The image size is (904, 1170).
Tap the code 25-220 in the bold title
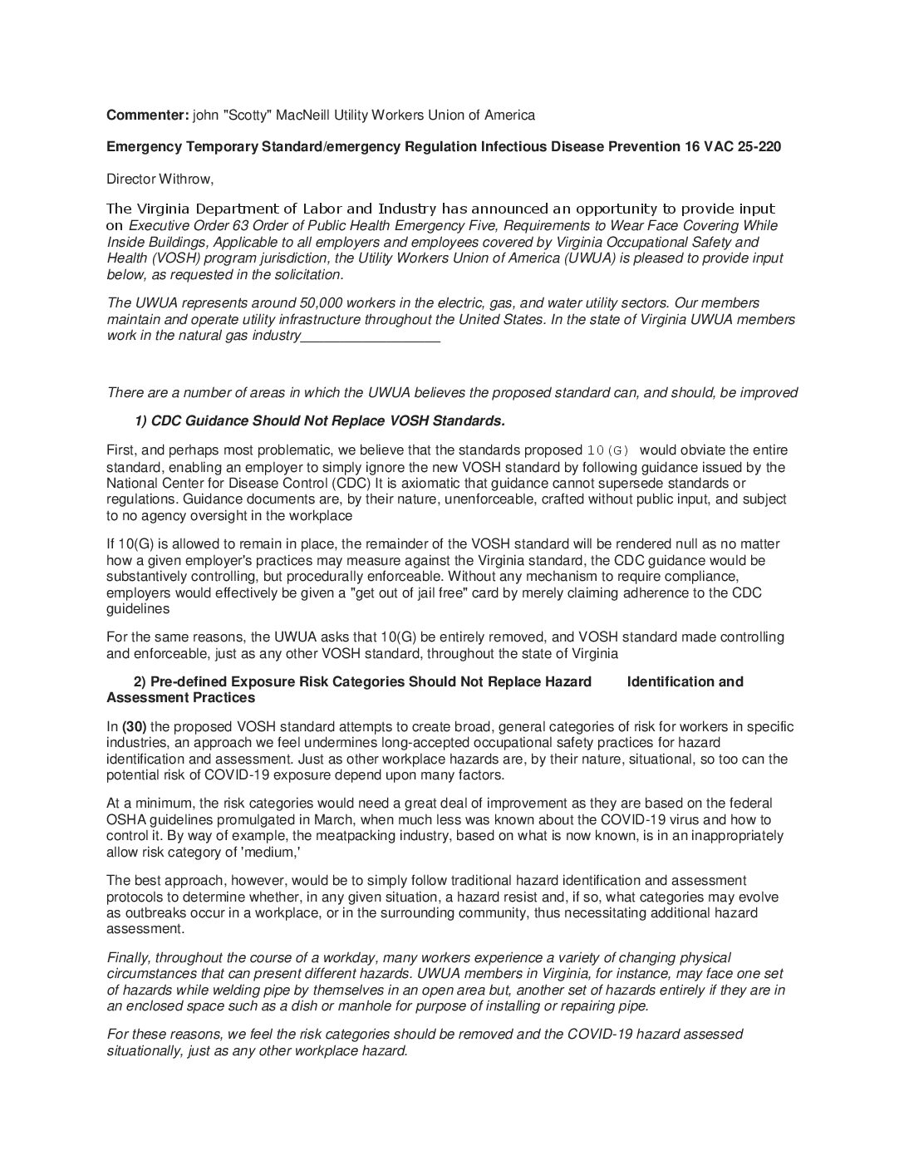pyautogui.click(x=759, y=146)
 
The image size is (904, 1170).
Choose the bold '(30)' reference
pyautogui.click(x=134, y=727)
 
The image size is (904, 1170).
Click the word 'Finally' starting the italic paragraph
pyautogui.click(x=130, y=958)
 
